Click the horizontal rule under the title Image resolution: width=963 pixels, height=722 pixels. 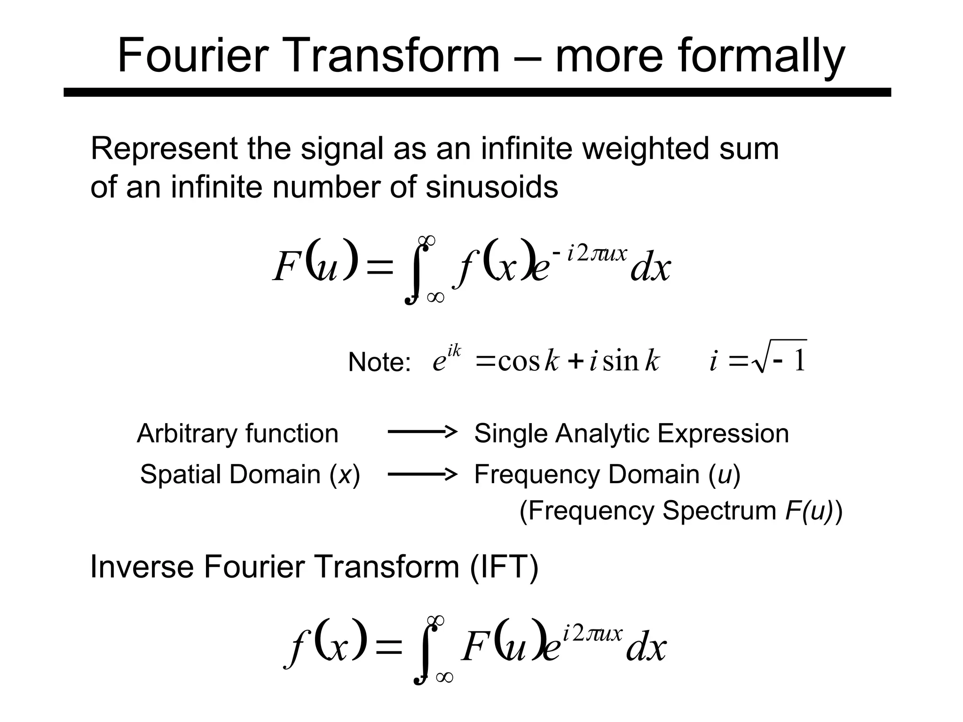click(x=477, y=92)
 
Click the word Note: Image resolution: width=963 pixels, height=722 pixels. click(x=379, y=362)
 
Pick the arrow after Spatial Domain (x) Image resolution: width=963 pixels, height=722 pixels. click(x=422, y=474)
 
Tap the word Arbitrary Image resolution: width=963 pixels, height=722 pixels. click(x=187, y=433)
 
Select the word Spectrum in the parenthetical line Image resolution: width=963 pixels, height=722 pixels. click(x=719, y=510)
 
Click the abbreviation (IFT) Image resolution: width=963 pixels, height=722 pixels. click(x=504, y=566)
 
